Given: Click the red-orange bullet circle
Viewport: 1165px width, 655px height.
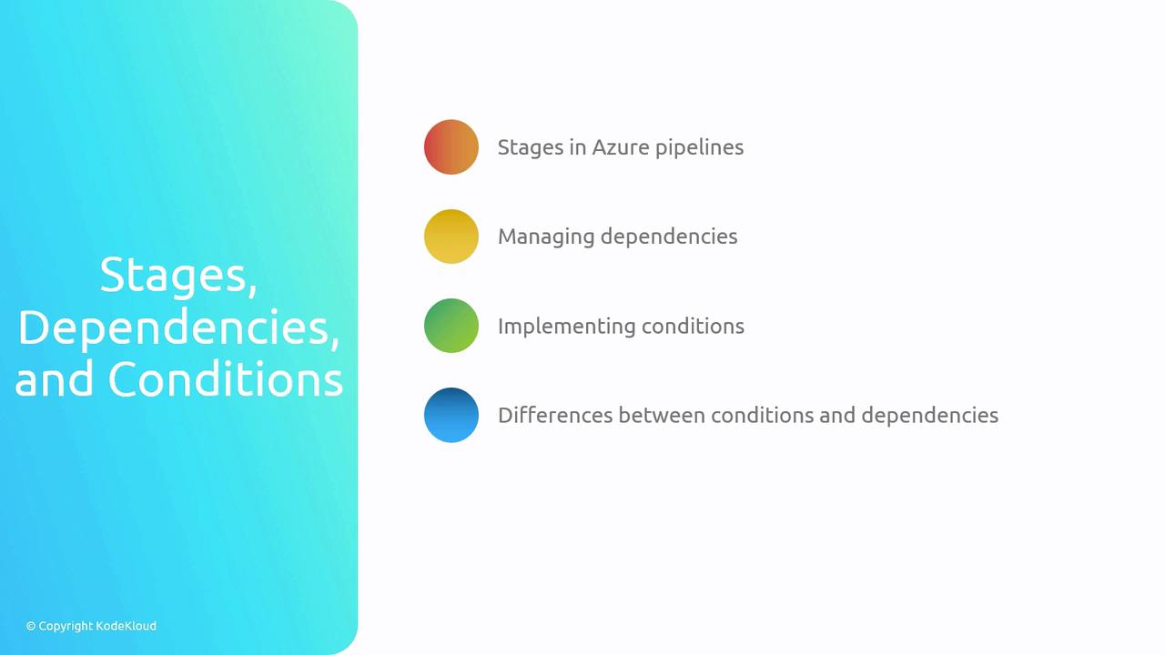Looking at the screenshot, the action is [451, 147].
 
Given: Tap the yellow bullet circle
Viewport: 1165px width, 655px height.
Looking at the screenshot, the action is [451, 237].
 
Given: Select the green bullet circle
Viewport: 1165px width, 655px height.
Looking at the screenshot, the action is [451, 326].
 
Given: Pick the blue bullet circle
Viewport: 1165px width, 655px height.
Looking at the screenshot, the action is [451, 416].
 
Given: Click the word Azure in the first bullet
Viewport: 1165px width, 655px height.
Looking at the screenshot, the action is [621, 147].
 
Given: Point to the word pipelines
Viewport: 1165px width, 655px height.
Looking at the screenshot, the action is [700, 148].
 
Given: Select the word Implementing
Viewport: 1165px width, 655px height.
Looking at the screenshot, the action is [566, 327].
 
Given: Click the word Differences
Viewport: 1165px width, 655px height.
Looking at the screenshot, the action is [555, 416].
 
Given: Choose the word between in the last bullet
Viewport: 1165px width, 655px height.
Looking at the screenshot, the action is [662, 416].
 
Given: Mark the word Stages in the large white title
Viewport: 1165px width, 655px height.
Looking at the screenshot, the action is [178, 276].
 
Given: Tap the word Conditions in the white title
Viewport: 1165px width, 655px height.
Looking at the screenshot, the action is [226, 379].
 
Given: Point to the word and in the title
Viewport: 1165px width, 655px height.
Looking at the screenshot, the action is [54, 379].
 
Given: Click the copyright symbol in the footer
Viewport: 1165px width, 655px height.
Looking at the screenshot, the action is [31, 627].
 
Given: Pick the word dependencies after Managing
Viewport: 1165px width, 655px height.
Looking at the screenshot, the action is [669, 237].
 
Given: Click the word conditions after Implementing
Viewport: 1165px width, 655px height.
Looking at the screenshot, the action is [693, 327].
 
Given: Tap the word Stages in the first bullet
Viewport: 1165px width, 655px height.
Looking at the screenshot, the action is [531, 148].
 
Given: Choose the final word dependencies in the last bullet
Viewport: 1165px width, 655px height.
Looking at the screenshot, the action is [930, 417].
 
